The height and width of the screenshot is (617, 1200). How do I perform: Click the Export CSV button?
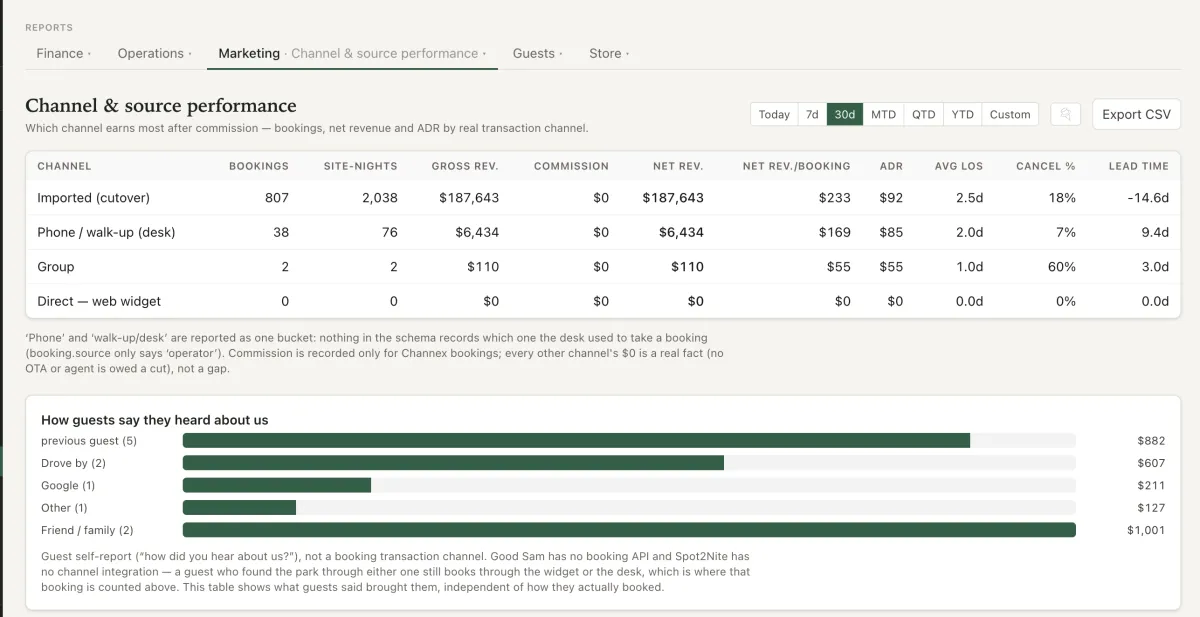[1136, 114]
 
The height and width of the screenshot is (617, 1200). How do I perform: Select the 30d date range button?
[845, 114]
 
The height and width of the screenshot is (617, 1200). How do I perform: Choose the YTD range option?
[962, 114]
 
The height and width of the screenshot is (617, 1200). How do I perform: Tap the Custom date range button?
[1010, 114]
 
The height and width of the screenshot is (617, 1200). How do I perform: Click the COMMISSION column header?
[571, 166]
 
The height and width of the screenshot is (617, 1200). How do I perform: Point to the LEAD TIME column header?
[1138, 166]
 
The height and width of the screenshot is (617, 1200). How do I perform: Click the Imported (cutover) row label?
[94, 198]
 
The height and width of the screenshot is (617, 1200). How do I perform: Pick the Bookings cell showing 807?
[276, 198]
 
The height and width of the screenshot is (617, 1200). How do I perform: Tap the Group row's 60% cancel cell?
[1061, 267]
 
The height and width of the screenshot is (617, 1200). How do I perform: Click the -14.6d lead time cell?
[1148, 198]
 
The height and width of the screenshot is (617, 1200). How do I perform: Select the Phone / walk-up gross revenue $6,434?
[477, 232]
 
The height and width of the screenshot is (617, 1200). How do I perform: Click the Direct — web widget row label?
[99, 301]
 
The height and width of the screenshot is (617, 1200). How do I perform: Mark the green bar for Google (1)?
[277, 485]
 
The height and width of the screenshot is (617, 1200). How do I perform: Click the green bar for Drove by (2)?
[453, 463]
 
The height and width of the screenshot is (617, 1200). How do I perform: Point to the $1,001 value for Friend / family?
[1146, 530]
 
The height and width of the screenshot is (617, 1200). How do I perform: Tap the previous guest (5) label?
[89, 441]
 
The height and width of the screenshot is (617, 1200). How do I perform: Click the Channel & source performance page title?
[161, 106]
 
